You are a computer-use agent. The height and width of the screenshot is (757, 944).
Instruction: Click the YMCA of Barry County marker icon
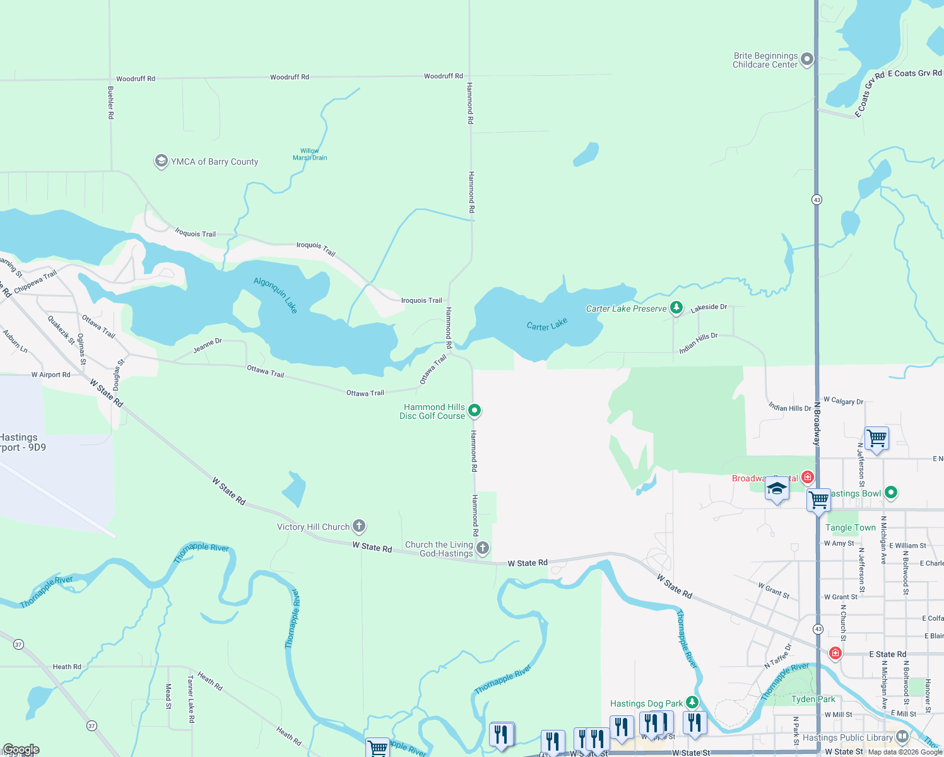pyautogui.click(x=161, y=161)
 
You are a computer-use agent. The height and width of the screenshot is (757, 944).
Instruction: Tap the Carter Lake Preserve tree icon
pyautogui.click(x=676, y=308)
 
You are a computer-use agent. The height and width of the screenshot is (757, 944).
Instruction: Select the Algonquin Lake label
pyautogui.click(x=276, y=295)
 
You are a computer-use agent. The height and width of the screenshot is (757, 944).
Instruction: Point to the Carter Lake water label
pyautogui.click(x=547, y=324)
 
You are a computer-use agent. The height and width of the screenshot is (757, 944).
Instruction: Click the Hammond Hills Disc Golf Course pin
pyautogui.click(x=475, y=411)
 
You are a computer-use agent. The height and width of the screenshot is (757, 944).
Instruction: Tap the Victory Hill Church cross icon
pyautogui.click(x=358, y=526)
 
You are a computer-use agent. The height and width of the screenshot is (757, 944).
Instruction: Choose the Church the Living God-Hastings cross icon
pyautogui.click(x=483, y=548)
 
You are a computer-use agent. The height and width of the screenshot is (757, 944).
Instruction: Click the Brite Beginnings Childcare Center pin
pyautogui.click(x=807, y=60)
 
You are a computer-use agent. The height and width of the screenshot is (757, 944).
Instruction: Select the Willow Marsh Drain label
pyautogui.click(x=310, y=155)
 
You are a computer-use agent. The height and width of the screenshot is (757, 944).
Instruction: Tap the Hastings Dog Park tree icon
pyautogui.click(x=692, y=703)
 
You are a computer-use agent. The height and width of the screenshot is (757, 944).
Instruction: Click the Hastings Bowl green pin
pyautogui.click(x=891, y=492)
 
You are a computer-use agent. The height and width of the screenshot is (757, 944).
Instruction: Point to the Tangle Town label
pyautogui.click(x=851, y=527)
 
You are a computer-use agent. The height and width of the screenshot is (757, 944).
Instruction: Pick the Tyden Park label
pyautogui.click(x=813, y=699)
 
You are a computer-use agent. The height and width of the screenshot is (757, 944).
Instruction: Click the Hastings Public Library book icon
pyautogui.click(x=902, y=737)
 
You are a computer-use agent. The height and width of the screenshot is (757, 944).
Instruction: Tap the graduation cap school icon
pyautogui.click(x=777, y=490)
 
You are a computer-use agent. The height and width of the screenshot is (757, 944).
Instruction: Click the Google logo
pyautogui.click(x=21, y=749)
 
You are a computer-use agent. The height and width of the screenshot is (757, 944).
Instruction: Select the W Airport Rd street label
pyautogui.click(x=51, y=375)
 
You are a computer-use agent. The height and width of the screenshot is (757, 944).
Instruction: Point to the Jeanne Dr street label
pyautogui.click(x=208, y=345)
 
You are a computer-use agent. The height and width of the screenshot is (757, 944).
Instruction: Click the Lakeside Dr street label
pyautogui.click(x=709, y=308)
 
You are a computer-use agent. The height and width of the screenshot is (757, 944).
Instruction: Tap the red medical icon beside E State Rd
pyautogui.click(x=835, y=653)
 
